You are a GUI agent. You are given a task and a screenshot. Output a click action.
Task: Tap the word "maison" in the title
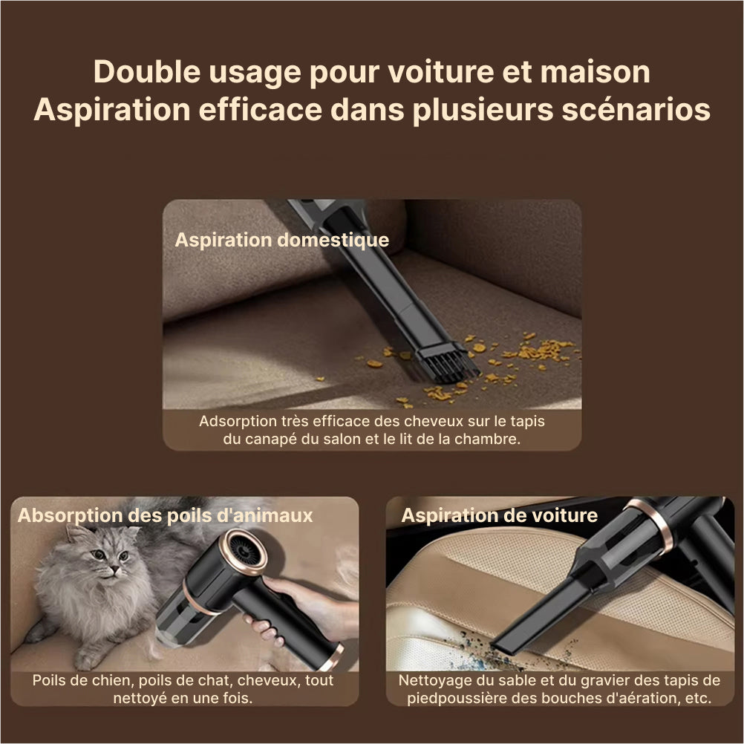pyautogui.click(x=595, y=71)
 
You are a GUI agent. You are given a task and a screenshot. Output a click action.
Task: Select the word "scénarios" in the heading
pyautogui.click(x=636, y=110)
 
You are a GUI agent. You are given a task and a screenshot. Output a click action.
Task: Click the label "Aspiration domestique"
pyautogui.click(x=282, y=240)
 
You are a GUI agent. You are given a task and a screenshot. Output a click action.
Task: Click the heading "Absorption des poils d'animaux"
pyautogui.click(x=165, y=516)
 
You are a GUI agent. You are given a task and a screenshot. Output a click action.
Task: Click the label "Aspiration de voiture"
pyautogui.click(x=499, y=516)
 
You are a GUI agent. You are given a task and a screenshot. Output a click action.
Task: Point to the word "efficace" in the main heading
pyautogui.click(x=260, y=110)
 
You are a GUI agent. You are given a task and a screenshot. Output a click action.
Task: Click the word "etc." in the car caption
pyautogui.click(x=699, y=699)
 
